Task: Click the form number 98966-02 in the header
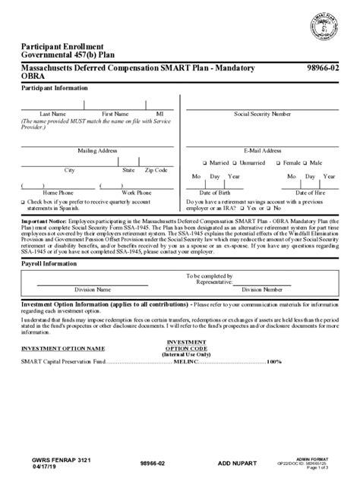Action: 323,69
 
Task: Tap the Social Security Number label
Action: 262,114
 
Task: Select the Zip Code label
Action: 156,170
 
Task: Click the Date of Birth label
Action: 215,193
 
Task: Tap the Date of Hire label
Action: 311,193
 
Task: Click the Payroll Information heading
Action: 49,263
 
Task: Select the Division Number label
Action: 261,289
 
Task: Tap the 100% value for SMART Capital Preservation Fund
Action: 273,361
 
